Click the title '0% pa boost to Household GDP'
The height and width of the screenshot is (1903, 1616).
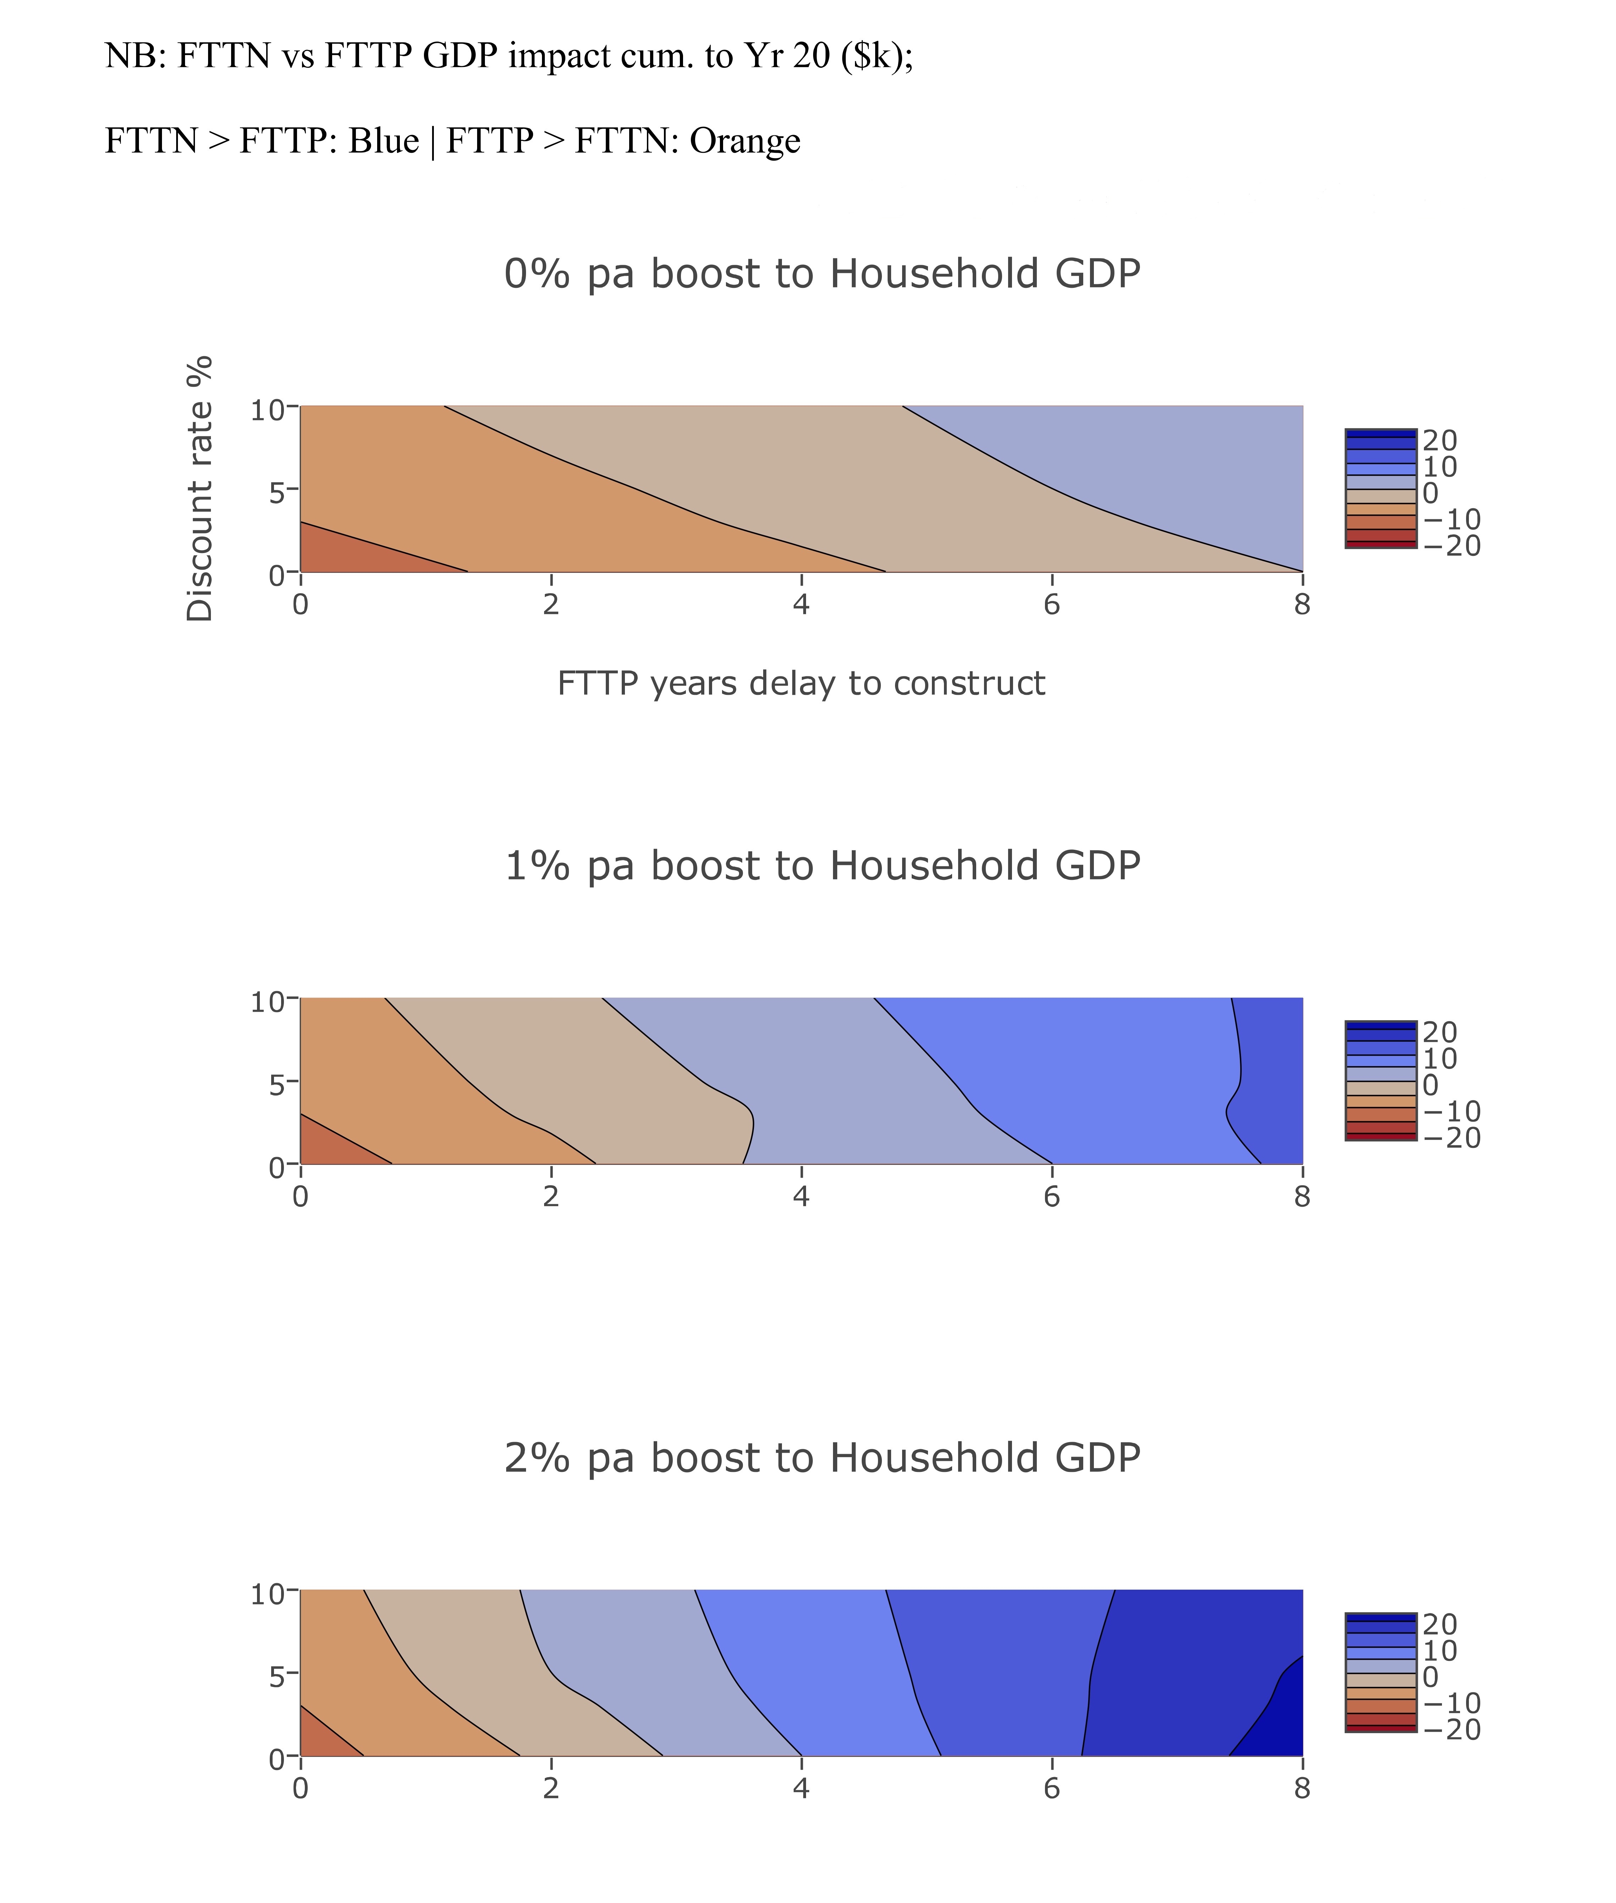tap(822, 274)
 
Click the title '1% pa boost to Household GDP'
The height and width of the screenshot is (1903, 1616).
tap(822, 866)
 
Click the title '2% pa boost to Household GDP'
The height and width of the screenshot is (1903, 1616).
tap(822, 1458)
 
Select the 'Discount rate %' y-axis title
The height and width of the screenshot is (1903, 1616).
tap(200, 489)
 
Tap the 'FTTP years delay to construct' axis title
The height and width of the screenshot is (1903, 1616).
tap(801, 683)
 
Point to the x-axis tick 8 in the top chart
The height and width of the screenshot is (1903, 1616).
tap(1302, 605)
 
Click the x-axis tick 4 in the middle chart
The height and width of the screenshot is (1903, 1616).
tap(801, 1196)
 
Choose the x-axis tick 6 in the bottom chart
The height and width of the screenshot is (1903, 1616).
tap(1051, 1788)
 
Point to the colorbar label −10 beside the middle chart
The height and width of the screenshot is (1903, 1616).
tap(1451, 1111)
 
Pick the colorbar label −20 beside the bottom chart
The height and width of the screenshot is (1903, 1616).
tap(1451, 1730)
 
